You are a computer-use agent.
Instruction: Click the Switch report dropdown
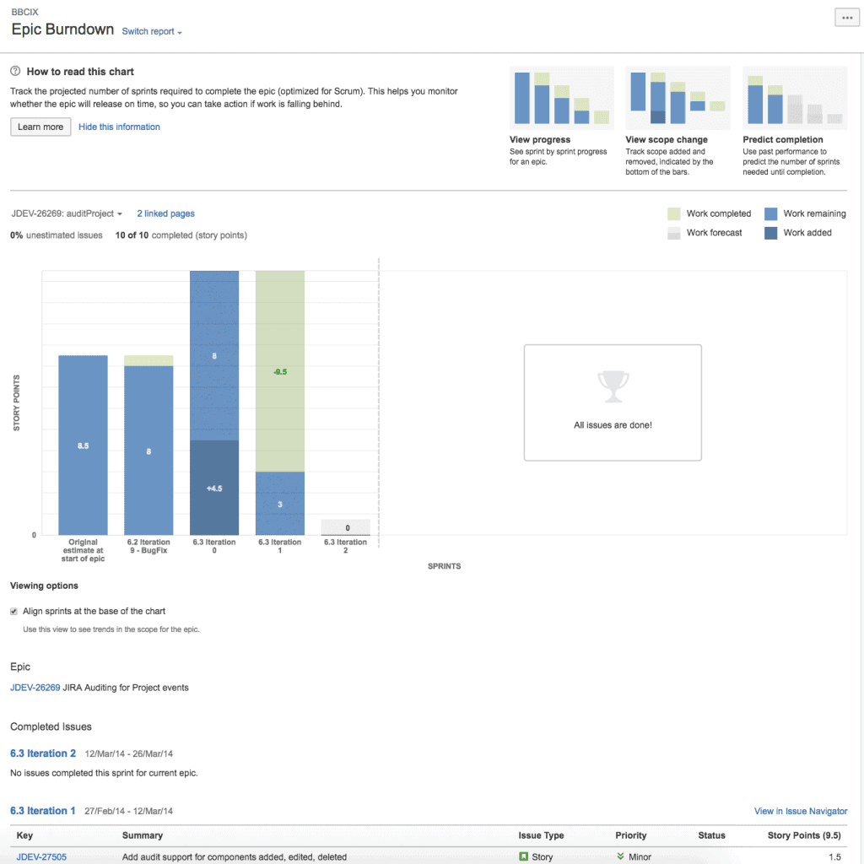[x=152, y=32]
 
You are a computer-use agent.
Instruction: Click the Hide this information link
[x=119, y=127]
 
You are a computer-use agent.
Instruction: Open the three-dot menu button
[x=845, y=19]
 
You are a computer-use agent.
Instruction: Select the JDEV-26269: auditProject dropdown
[x=67, y=214]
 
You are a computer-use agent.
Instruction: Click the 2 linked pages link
[x=165, y=214]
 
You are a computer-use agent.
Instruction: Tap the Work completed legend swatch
[x=673, y=214]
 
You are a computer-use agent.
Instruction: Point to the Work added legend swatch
[x=770, y=233]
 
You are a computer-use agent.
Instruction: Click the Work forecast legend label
[x=714, y=233]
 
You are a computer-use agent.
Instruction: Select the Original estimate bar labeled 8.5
[x=83, y=445]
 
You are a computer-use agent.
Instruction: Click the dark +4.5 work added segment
[x=214, y=488]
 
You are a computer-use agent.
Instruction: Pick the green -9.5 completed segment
[x=280, y=371]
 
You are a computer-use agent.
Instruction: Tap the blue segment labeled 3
[x=280, y=504]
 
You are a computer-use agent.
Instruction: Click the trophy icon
[x=613, y=386]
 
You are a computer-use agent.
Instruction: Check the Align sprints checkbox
[x=14, y=612]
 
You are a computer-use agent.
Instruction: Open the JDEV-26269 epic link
[x=35, y=688]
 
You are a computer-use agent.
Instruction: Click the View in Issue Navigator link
[x=800, y=812]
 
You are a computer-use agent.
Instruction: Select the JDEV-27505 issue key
[x=41, y=857]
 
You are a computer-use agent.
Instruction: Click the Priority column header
[x=630, y=836]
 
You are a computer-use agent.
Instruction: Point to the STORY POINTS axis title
[x=17, y=403]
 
